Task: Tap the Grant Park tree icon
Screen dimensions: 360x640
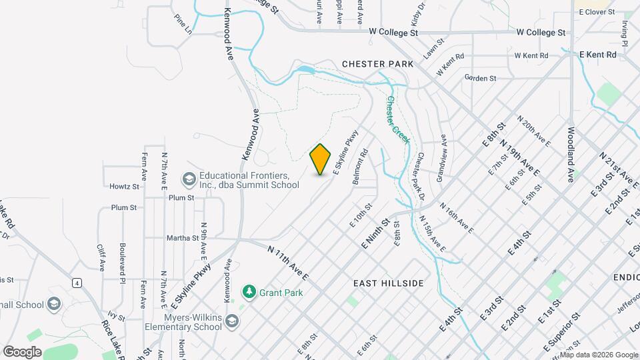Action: tap(249, 292)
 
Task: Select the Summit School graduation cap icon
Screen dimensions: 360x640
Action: tap(189, 180)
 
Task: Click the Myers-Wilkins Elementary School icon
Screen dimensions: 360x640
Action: tap(231, 321)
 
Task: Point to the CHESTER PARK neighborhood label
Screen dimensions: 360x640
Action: tap(377, 64)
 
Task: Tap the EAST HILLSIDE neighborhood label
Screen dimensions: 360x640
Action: tap(389, 283)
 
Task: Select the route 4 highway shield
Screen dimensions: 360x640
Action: tap(78, 283)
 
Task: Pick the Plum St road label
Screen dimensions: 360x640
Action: tap(181, 198)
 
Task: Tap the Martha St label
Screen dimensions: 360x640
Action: tap(186, 237)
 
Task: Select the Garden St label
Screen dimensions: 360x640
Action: tap(481, 78)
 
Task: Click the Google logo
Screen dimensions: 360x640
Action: tap(22, 351)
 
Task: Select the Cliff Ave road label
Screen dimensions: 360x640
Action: tap(101, 257)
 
